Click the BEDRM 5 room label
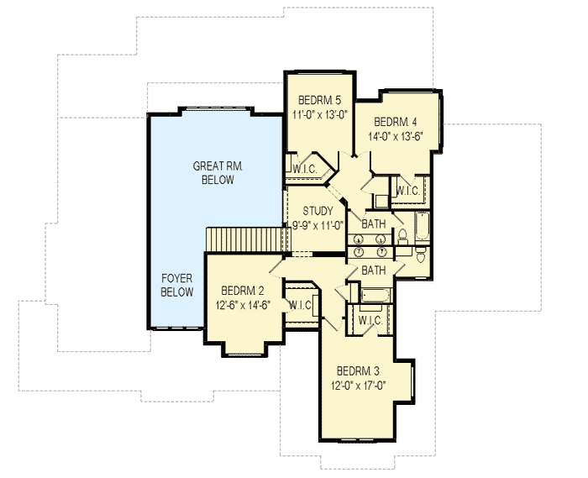pos(319,100)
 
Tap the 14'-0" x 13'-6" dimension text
pos(396,136)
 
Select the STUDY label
pos(318,211)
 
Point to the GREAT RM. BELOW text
pos(218,173)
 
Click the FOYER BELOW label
pos(177,286)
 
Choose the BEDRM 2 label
pos(243,291)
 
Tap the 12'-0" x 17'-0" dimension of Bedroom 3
pos(358,385)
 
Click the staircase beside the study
pos(249,239)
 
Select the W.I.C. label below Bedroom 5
pos(304,170)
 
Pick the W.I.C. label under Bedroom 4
pos(407,192)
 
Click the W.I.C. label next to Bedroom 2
pos(300,306)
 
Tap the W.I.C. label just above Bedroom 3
pos(370,321)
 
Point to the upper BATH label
pos(374,224)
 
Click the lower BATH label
pos(374,270)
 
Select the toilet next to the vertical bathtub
pos(402,237)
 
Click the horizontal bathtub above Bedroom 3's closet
pos(375,296)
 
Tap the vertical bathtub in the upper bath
pos(422,226)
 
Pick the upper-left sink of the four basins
pos(359,239)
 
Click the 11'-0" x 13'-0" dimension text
pos(319,115)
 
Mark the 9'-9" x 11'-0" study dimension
pos(318,226)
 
